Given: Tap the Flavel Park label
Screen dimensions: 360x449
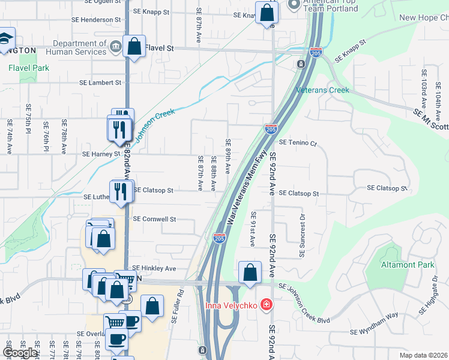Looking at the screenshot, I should pyautogui.click(x=29, y=68).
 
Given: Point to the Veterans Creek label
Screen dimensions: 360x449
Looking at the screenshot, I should pyautogui.click(x=322, y=90).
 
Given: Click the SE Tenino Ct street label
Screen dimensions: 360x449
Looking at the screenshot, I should pyautogui.click(x=298, y=142).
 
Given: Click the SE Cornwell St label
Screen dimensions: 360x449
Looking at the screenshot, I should pyautogui.click(x=154, y=219).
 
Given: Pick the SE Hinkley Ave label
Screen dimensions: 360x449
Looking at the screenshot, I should pyautogui.click(x=154, y=268).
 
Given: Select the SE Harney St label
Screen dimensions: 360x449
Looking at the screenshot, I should pyautogui.click(x=101, y=154).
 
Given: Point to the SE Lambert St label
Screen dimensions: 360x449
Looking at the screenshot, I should pyautogui.click(x=101, y=82).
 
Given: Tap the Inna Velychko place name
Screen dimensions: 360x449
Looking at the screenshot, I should pyautogui.click(x=232, y=305).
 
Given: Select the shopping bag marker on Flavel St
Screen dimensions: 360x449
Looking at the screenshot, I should pyautogui.click(x=134, y=46).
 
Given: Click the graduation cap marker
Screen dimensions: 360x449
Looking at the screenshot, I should pyautogui.click(x=5, y=38).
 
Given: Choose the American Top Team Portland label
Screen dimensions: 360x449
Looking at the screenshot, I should pyautogui.click(x=330, y=6).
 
